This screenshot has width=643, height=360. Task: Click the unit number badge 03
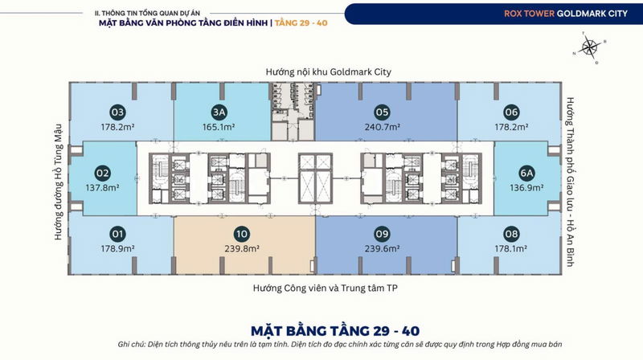click(x=117, y=112)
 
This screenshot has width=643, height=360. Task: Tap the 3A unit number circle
click(x=219, y=112)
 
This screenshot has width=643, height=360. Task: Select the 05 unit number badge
click(x=382, y=112)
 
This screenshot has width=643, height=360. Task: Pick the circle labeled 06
click(x=511, y=112)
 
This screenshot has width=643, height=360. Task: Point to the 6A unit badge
click(x=526, y=173)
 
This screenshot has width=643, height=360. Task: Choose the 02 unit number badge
click(x=102, y=173)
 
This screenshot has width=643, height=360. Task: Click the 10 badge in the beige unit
click(x=242, y=234)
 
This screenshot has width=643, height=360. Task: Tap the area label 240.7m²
click(x=383, y=127)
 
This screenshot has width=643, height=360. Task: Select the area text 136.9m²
click(x=526, y=188)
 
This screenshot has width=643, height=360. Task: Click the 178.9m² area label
click(x=117, y=248)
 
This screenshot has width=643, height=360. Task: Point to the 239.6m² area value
click(x=383, y=248)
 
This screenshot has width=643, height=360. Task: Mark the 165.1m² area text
click(x=219, y=127)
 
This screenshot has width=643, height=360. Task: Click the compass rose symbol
click(x=590, y=47)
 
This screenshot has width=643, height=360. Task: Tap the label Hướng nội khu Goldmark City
click(x=329, y=72)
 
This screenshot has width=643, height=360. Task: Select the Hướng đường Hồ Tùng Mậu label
click(x=58, y=182)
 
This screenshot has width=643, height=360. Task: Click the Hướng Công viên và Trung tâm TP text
click(x=326, y=288)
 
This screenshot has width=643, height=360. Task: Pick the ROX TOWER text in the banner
click(x=529, y=14)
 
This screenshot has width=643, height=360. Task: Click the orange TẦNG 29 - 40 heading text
click(x=301, y=23)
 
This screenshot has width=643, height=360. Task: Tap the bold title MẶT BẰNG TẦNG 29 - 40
click(x=335, y=331)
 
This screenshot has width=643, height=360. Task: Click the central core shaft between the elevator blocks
click(x=315, y=178)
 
